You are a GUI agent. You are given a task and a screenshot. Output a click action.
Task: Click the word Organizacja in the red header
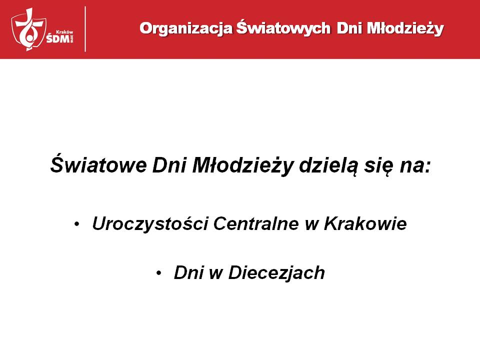pyautogui.click(x=186, y=29)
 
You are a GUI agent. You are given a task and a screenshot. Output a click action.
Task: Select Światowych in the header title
pyautogui.click(x=283, y=27)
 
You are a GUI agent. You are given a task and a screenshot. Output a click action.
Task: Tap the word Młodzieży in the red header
pyautogui.click(x=405, y=28)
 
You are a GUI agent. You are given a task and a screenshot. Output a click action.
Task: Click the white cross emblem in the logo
pyautogui.click(x=29, y=29)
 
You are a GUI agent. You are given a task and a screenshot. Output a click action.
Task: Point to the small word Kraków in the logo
pyautogui.click(x=64, y=32)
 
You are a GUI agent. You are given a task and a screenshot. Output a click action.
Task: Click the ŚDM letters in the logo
pyautogui.click(x=58, y=38)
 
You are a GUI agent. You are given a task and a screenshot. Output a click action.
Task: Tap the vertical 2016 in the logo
pyautogui.click(x=72, y=39)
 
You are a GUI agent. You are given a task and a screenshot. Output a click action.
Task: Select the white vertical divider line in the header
pyautogui.click(x=85, y=29)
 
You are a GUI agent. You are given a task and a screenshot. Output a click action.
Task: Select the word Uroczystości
pyautogui.click(x=150, y=224)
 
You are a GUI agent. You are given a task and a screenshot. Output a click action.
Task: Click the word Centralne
pyautogui.click(x=256, y=223)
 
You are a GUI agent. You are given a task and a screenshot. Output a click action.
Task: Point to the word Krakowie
pyautogui.click(x=365, y=223)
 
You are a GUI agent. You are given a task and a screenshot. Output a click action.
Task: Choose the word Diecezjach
pyautogui.click(x=276, y=273)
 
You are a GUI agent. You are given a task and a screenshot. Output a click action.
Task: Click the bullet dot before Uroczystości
pyautogui.click(x=76, y=224)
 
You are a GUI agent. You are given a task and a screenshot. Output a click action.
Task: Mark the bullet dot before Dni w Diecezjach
pyautogui.click(x=158, y=273)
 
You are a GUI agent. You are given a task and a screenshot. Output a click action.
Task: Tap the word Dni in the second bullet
pyautogui.click(x=189, y=272)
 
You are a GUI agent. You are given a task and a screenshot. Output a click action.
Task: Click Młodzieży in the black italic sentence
pyautogui.click(x=243, y=165)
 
